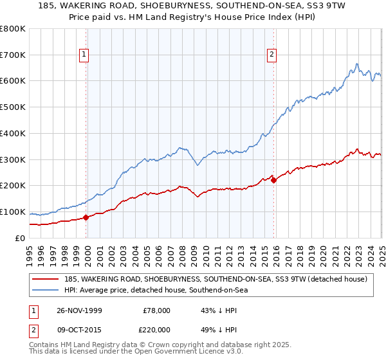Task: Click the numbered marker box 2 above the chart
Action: click(x=272, y=55)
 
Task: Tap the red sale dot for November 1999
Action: click(x=86, y=217)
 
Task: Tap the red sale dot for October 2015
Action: click(x=273, y=180)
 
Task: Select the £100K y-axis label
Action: click(x=14, y=212)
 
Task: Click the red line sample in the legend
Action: click(x=46, y=279)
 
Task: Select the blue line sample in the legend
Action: click(x=46, y=291)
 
